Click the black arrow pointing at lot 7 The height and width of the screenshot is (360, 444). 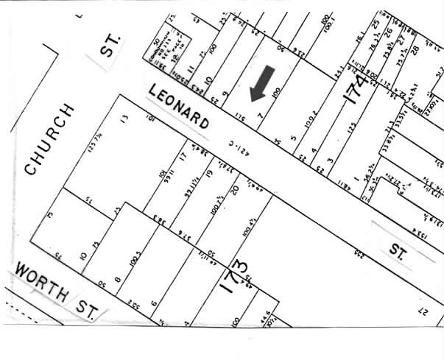[x=263, y=82]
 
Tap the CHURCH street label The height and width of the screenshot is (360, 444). [x=49, y=139]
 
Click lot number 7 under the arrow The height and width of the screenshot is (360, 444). [x=260, y=114]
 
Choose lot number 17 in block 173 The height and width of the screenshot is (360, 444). [x=181, y=156]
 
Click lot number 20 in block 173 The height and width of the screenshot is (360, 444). [x=235, y=189]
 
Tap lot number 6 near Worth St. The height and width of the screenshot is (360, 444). [x=154, y=303]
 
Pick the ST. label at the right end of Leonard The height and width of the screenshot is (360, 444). [x=398, y=250]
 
